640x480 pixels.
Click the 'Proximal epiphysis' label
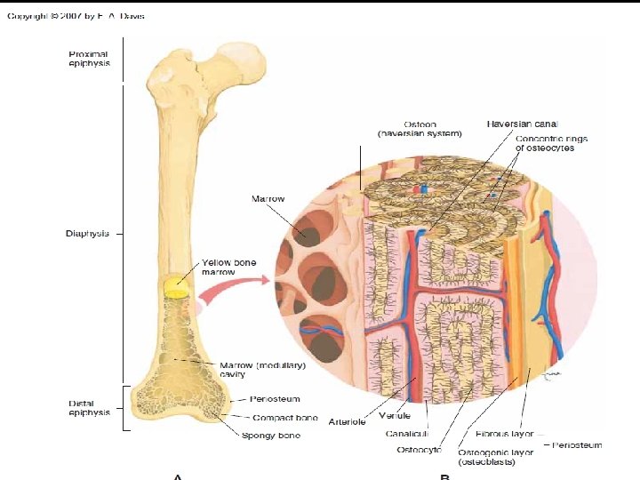[91, 60]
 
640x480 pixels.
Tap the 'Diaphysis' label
[87, 234]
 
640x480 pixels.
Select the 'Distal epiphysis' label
[89, 408]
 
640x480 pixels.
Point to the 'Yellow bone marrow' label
[228, 268]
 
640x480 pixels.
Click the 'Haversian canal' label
[522, 123]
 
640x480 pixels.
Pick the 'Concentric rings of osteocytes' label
[551, 143]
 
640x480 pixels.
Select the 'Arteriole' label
[347, 421]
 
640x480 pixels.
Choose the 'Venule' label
[394, 415]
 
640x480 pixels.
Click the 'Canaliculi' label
[408, 435]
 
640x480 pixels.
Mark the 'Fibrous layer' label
[504, 435]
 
